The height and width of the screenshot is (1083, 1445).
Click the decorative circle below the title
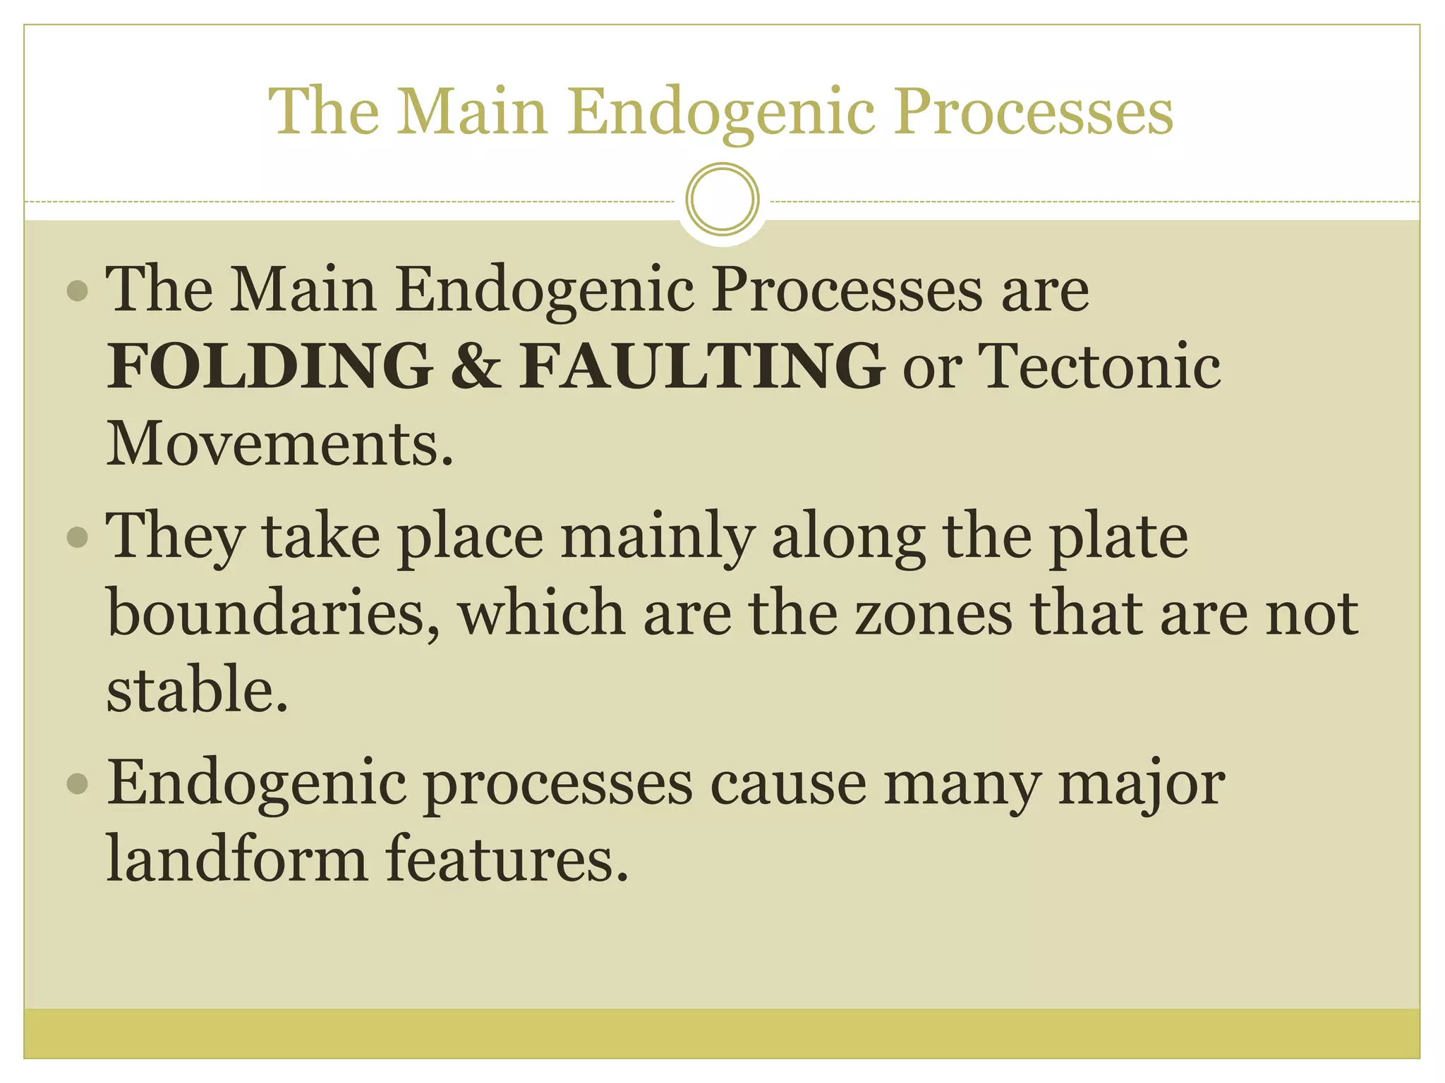coord(722,200)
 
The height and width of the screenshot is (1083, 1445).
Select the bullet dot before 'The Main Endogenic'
coord(78,290)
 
